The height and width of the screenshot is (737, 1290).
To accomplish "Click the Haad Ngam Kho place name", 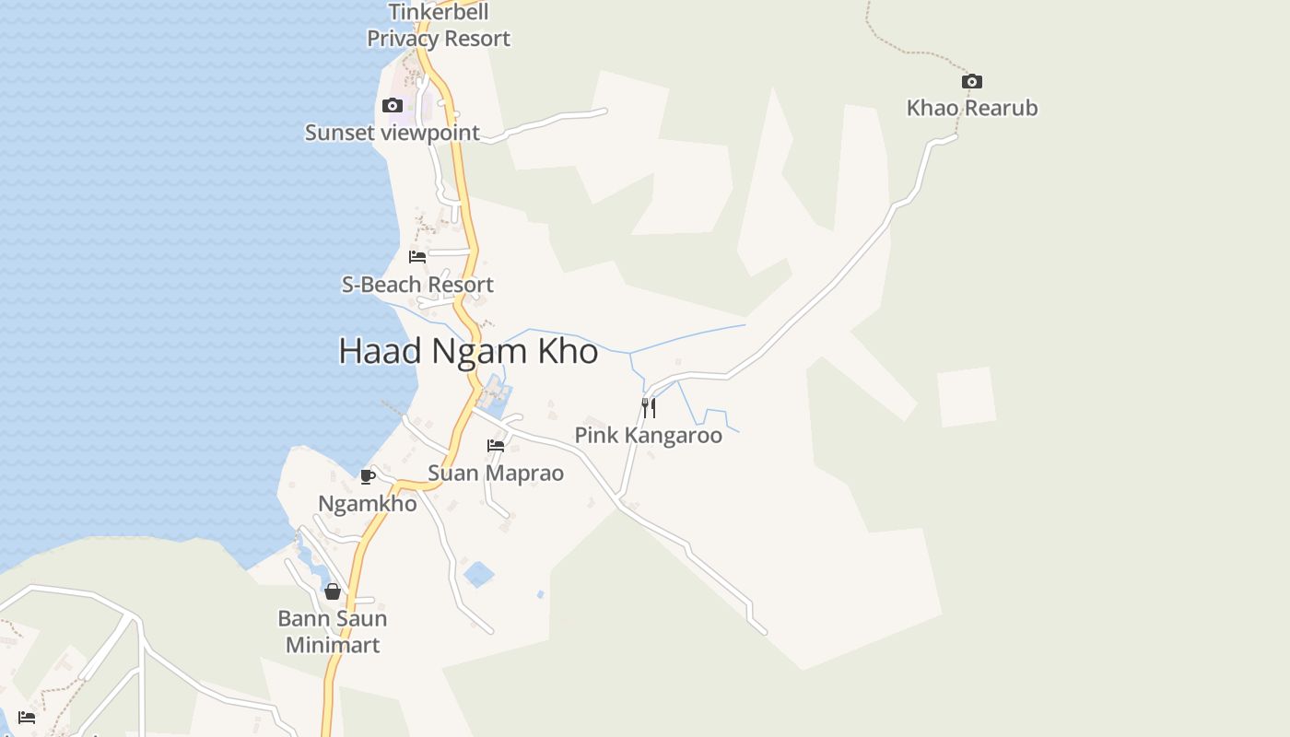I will pyautogui.click(x=468, y=351).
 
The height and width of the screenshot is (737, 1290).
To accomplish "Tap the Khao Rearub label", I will pyautogui.click(x=972, y=108).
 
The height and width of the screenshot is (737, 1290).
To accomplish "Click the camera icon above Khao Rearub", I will pyautogui.click(x=971, y=81).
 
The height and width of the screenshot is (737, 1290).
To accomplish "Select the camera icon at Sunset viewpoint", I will pyautogui.click(x=393, y=105).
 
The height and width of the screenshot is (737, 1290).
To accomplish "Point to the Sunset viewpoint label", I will pyautogui.click(x=393, y=133).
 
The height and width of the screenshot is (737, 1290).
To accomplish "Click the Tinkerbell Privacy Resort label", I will pyautogui.click(x=439, y=26).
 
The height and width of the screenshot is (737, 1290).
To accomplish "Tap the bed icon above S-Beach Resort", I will pyautogui.click(x=417, y=256).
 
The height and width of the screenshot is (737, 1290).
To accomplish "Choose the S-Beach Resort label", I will pyautogui.click(x=417, y=285).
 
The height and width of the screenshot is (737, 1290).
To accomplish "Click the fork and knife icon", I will pyautogui.click(x=649, y=407).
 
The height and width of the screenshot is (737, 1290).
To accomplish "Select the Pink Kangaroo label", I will pyautogui.click(x=649, y=435).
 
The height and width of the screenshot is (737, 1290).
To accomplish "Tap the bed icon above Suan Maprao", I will pyautogui.click(x=496, y=446).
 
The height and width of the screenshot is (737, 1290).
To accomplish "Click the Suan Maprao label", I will pyautogui.click(x=496, y=474).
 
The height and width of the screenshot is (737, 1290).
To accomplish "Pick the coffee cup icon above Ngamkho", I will pyautogui.click(x=367, y=476).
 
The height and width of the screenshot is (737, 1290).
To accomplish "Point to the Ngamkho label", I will pyautogui.click(x=368, y=504).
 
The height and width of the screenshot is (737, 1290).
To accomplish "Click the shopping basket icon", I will pyautogui.click(x=333, y=591).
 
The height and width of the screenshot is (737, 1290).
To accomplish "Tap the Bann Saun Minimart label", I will pyautogui.click(x=333, y=631).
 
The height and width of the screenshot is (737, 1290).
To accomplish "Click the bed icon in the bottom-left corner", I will pyautogui.click(x=27, y=717).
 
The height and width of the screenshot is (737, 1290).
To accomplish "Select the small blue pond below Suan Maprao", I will pyautogui.click(x=478, y=575).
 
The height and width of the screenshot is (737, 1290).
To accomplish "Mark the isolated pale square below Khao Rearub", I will pyautogui.click(x=967, y=397).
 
